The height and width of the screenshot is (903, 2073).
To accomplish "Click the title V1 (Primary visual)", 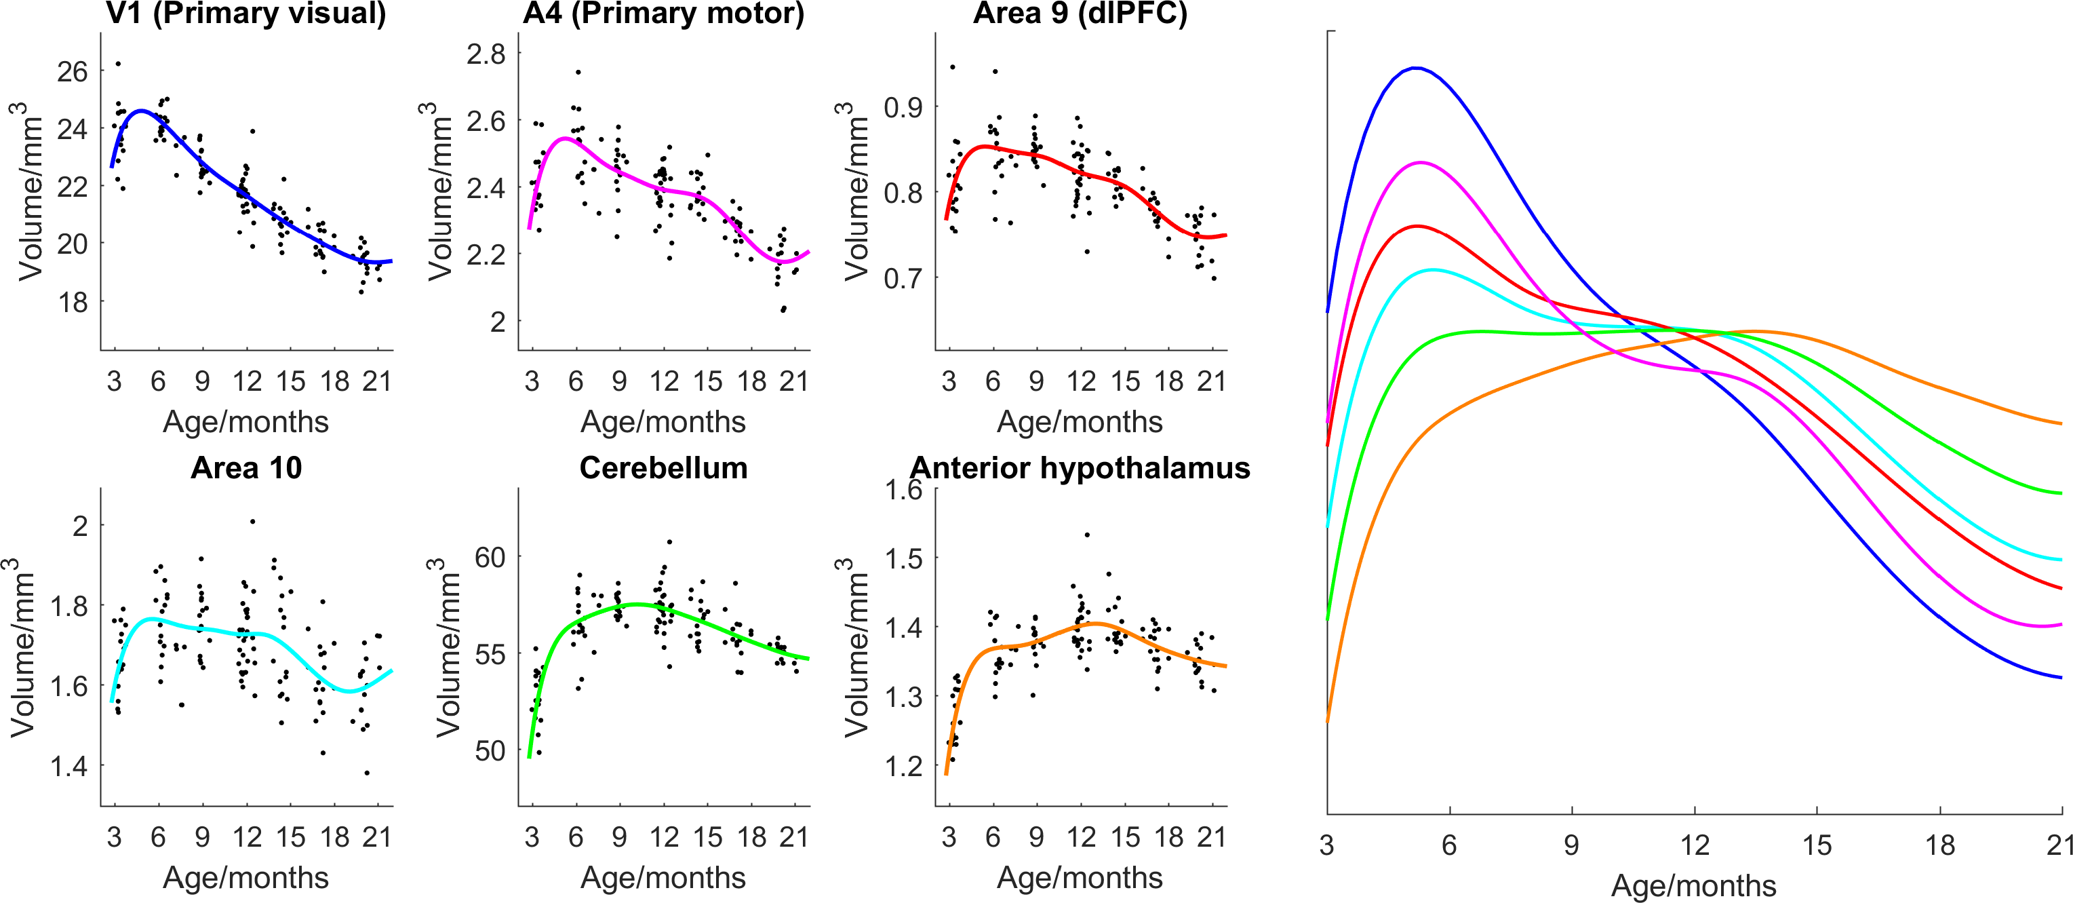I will (245, 14).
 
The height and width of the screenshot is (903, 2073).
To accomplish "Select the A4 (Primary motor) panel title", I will (663, 14).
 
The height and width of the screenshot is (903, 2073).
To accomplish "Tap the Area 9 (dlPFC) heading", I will (1080, 14).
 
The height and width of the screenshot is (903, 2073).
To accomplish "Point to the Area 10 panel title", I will (245, 467).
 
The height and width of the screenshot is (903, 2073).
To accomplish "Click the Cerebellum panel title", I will (663, 467).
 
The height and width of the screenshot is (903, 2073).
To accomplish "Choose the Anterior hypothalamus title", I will (1080, 467).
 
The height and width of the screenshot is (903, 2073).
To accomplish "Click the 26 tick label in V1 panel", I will (72, 72).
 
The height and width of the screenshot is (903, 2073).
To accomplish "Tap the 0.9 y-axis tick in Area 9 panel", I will (903, 107).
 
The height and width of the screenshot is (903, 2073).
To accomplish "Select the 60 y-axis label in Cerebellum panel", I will (490, 557).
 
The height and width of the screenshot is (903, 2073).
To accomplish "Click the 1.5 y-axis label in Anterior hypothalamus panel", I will (903, 558).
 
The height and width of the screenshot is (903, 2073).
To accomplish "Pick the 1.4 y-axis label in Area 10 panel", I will (69, 766).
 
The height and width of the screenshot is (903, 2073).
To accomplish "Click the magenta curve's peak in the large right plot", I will (1421, 163).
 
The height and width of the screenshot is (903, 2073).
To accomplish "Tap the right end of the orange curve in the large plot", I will (2061, 423).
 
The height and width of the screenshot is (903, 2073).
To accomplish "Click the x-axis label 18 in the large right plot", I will (1939, 845).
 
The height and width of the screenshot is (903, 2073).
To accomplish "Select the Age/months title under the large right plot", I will (1693, 885).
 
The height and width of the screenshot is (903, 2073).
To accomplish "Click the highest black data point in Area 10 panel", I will (253, 522).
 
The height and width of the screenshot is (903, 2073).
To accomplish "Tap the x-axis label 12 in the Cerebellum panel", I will (664, 837).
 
